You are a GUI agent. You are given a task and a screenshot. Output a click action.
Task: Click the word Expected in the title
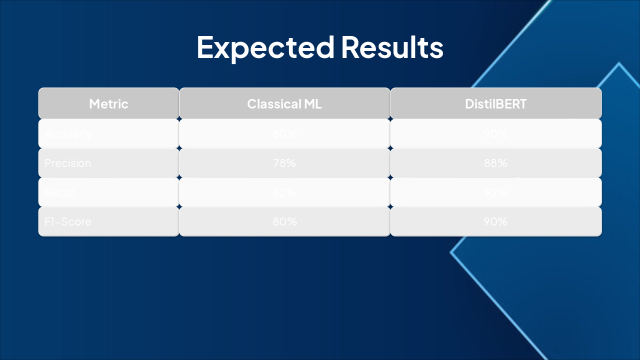(x=265, y=47)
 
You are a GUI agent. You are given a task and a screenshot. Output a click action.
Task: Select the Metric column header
(x=108, y=104)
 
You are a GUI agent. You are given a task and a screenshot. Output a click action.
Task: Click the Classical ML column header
(x=284, y=104)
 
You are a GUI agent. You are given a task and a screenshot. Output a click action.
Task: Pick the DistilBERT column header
(x=495, y=104)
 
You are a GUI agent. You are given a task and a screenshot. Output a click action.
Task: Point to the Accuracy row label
(x=68, y=134)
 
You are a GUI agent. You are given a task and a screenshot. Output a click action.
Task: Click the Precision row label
(x=68, y=163)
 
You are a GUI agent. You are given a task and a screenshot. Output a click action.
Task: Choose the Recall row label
(x=59, y=192)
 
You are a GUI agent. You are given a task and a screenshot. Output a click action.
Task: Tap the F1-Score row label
(x=68, y=221)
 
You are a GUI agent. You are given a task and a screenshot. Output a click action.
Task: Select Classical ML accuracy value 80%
(x=284, y=134)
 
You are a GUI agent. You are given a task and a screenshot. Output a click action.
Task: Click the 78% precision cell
(x=284, y=163)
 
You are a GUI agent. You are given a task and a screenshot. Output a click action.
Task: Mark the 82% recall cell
(x=284, y=192)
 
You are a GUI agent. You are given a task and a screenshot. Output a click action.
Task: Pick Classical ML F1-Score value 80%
(x=284, y=221)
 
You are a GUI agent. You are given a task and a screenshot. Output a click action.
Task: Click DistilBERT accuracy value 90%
(x=495, y=134)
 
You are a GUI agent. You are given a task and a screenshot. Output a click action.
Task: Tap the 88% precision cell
(x=495, y=163)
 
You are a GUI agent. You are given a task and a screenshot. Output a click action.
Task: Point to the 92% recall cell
(x=495, y=192)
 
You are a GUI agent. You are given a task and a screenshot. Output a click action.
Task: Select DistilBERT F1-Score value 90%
(x=495, y=221)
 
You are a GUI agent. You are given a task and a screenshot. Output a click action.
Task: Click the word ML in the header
(x=313, y=104)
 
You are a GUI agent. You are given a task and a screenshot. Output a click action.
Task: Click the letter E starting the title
(x=205, y=47)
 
